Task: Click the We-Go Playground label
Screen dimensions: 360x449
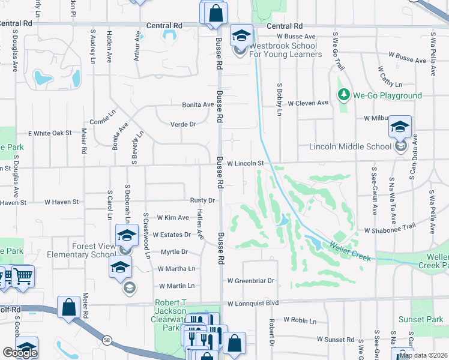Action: click(387, 95)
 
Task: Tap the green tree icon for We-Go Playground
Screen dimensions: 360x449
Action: click(344, 95)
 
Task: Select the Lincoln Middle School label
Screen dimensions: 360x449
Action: click(350, 146)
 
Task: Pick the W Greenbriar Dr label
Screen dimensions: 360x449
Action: click(250, 280)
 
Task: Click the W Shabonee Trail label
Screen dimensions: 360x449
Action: click(390, 229)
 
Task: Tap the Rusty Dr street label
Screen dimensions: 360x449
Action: click(202, 200)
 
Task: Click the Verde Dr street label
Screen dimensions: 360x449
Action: click(184, 124)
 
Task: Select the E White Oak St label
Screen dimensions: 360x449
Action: click(50, 133)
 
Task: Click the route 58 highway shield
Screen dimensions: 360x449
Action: click(107, 340)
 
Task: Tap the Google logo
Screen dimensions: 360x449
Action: click(20, 353)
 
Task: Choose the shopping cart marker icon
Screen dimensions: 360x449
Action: click(23, 276)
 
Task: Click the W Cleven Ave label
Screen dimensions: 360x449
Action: click(308, 103)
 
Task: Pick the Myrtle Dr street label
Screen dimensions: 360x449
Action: click(174, 251)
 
